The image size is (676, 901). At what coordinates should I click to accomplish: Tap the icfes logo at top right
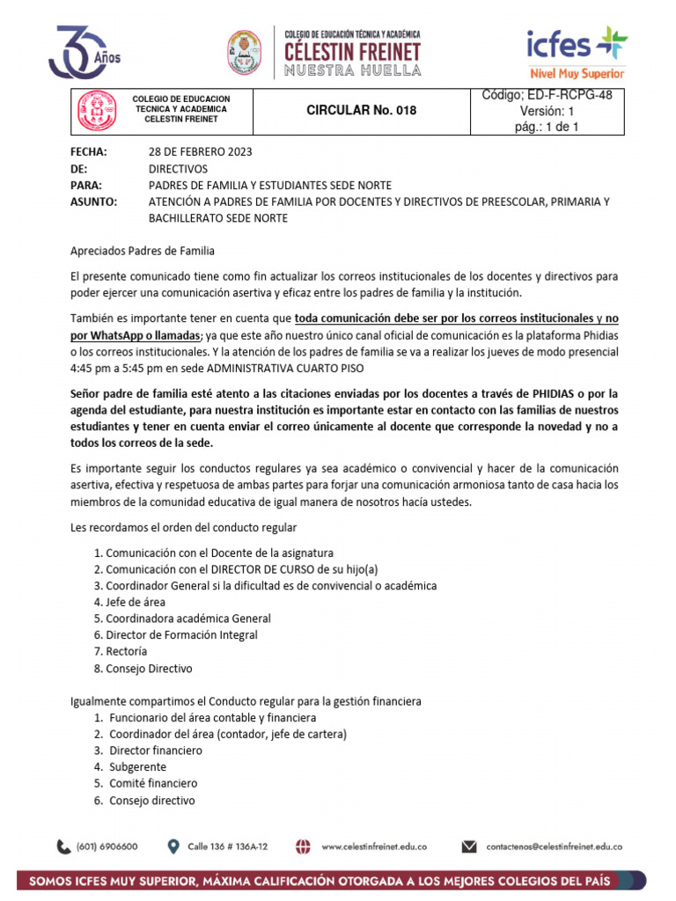point(577,51)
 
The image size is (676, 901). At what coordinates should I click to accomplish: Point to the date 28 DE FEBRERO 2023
point(200,151)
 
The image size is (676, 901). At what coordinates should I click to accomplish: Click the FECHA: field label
point(88,151)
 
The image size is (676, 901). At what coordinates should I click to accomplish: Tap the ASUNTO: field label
point(93,201)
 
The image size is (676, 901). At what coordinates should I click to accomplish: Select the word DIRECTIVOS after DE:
point(178,168)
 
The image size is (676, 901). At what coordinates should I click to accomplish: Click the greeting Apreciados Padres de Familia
point(142,251)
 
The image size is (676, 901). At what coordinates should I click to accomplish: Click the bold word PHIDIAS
point(559,393)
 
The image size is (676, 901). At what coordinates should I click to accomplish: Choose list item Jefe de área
point(135,602)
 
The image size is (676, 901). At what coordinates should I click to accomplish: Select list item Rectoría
point(126,651)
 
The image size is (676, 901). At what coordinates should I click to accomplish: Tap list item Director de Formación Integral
point(181,634)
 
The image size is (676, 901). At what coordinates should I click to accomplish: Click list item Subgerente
point(137,766)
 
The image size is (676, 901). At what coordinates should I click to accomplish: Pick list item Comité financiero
point(152,783)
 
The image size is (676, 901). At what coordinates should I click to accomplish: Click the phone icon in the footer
point(64,847)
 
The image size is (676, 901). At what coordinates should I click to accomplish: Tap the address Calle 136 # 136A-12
point(227,846)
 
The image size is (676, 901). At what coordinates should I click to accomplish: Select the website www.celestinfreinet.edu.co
point(374,846)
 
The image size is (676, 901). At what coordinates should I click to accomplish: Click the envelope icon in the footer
point(469,847)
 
